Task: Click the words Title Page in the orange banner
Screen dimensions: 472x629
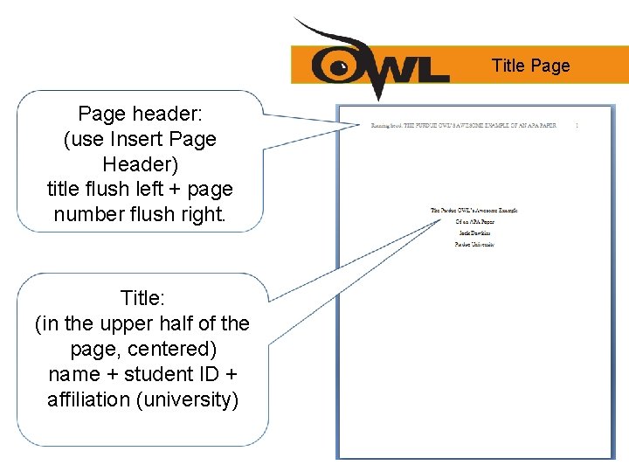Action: pyautogui.click(x=530, y=66)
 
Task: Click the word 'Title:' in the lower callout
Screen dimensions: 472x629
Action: pyautogui.click(x=142, y=299)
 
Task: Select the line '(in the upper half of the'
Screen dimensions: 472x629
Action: pyautogui.click(x=142, y=323)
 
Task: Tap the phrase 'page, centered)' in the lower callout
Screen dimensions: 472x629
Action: pyautogui.click(x=142, y=349)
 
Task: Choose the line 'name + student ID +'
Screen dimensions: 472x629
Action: pyautogui.click(x=142, y=374)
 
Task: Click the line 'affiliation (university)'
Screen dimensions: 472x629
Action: pyautogui.click(x=142, y=399)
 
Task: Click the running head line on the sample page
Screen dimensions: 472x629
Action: pyautogui.click(x=463, y=125)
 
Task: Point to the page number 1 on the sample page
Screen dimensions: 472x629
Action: pyautogui.click(x=577, y=125)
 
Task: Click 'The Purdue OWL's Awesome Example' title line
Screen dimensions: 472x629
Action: pyautogui.click(x=474, y=211)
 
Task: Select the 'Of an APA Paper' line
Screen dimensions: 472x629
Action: pyautogui.click(x=474, y=222)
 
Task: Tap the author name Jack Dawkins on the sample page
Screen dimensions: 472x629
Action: pyautogui.click(x=474, y=233)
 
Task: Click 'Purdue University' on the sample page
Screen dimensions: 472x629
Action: pyautogui.click(x=474, y=245)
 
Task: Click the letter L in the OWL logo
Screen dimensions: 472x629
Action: pyautogui.click(x=432, y=66)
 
